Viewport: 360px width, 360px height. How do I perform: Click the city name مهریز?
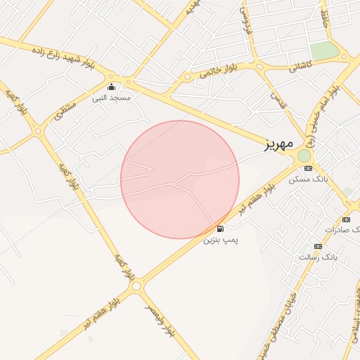click(278, 146)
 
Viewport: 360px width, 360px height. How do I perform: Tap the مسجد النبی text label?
click(112, 98)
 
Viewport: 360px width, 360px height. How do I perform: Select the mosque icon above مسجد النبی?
click(112, 87)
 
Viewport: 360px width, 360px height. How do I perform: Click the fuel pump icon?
click(220, 229)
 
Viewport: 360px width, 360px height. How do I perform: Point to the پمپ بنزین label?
click(221, 240)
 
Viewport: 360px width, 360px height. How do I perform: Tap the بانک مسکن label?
click(308, 180)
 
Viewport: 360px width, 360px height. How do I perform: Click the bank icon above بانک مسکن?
click(308, 169)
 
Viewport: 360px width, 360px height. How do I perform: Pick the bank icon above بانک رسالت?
click(318, 246)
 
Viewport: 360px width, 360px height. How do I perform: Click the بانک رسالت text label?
click(318, 257)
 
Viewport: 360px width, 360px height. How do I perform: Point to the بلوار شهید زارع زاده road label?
click(70, 58)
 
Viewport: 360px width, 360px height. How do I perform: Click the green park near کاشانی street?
click(324, 51)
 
